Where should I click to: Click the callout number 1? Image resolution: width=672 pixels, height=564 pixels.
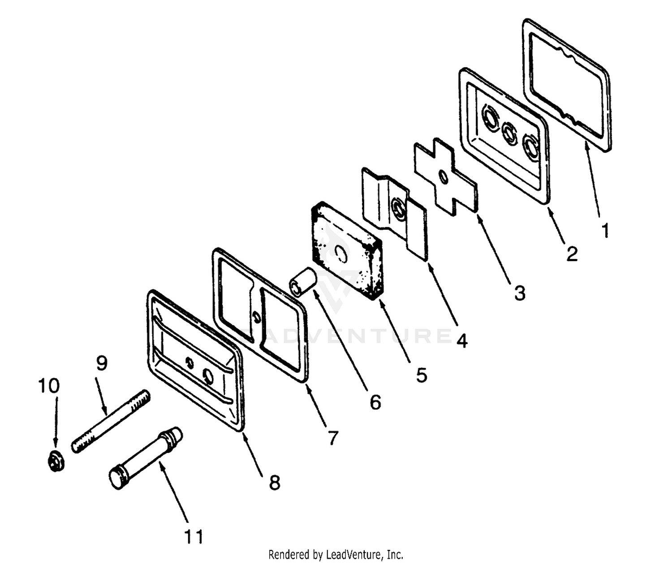tap(605, 231)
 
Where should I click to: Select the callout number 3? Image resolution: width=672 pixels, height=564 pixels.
tap(520, 293)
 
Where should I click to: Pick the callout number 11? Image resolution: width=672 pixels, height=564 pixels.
tap(194, 537)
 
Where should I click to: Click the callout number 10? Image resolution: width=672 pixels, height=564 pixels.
tap(48, 386)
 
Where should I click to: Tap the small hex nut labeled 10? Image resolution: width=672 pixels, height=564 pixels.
tap(56, 463)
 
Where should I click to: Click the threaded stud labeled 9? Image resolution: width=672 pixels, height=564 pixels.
tap(111, 422)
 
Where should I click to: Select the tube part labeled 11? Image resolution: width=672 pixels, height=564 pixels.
tap(146, 458)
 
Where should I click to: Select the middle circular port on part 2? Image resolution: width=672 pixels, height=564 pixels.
tap(509, 132)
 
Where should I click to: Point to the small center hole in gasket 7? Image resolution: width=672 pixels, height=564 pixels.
tap(256, 317)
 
